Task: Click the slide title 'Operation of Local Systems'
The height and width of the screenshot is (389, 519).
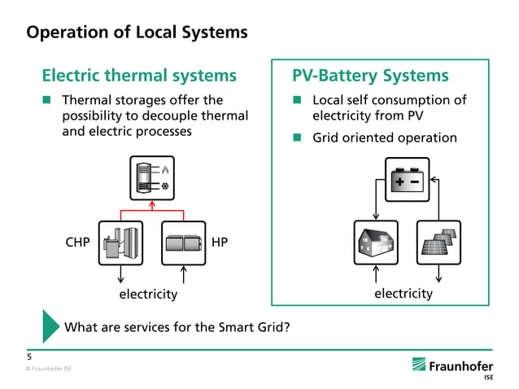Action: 137,33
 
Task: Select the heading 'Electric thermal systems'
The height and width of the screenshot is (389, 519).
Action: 139,76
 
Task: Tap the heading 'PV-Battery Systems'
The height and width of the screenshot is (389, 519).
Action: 370,76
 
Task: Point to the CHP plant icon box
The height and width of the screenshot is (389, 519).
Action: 120,243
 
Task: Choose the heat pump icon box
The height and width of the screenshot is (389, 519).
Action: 185,243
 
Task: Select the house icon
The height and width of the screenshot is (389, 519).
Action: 375,243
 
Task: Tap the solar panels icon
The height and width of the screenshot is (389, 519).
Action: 438,243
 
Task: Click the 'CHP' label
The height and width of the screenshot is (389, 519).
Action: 77,243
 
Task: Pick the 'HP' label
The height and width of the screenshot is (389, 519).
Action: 219,243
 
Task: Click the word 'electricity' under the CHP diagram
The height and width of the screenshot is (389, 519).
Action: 148,293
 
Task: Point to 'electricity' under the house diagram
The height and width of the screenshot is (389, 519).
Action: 403,293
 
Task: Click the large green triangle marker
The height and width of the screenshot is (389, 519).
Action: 50,326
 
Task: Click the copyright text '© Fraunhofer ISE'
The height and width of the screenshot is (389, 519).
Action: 48,369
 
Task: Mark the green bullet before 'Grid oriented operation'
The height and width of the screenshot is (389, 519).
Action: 298,138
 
